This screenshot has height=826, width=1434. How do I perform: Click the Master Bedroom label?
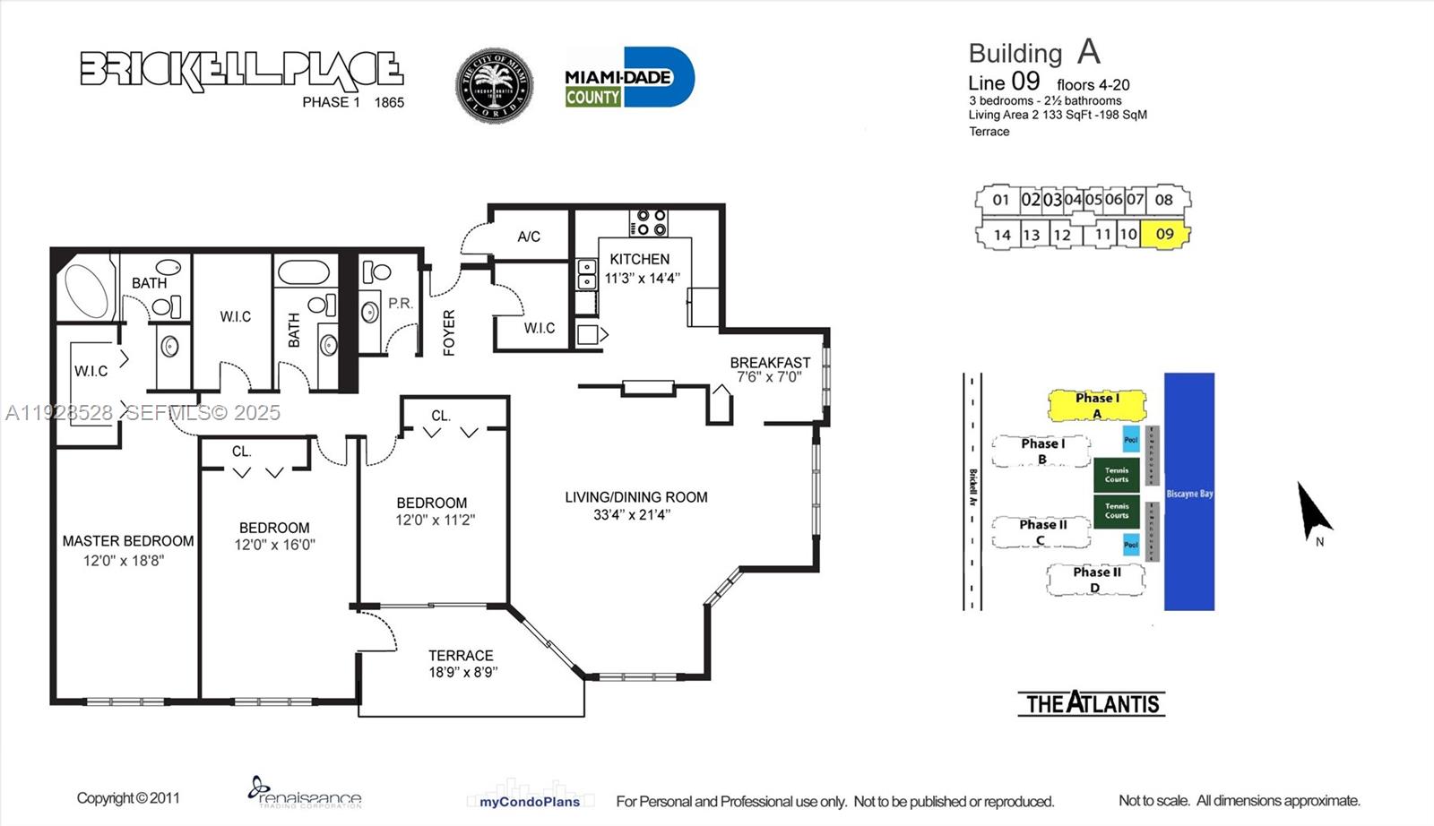(x=128, y=541)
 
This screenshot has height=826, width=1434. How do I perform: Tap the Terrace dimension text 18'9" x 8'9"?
(x=462, y=672)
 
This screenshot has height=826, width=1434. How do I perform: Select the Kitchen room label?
(x=639, y=259)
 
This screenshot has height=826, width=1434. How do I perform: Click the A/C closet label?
(x=529, y=237)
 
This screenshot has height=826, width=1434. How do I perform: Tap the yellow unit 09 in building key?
(x=1165, y=235)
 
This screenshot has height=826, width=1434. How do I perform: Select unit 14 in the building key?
(x=1002, y=235)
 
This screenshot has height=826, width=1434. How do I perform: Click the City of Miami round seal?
(x=494, y=86)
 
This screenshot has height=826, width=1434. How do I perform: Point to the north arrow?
(x=1313, y=511)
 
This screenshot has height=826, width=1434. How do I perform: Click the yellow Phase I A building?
(x=1097, y=405)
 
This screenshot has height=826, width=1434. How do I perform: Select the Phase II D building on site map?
(x=1096, y=580)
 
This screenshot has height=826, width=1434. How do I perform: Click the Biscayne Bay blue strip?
(x=1188, y=493)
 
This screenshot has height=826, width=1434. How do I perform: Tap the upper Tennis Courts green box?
(x=1116, y=475)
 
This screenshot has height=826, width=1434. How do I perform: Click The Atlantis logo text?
(x=1092, y=704)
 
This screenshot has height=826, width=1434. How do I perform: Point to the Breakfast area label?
(x=769, y=363)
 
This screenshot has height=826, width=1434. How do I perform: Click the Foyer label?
(x=449, y=332)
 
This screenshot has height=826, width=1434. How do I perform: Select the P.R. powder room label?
(x=401, y=304)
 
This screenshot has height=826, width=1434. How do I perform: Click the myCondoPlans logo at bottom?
(x=529, y=801)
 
